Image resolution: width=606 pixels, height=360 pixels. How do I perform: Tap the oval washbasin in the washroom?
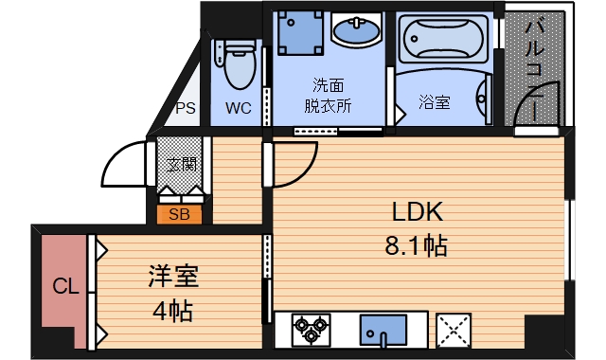pyautogui.click(x=356, y=31)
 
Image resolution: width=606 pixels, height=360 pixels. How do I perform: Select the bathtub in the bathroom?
pyautogui.click(x=443, y=39)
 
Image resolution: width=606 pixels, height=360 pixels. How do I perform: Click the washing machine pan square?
pyautogui.click(x=300, y=33)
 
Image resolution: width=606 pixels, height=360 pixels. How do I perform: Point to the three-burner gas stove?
pyautogui.click(x=312, y=330)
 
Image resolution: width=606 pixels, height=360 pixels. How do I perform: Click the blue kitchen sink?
pyautogui.click(x=383, y=331)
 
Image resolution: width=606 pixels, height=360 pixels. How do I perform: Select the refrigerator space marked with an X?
pyautogui.click(x=454, y=331)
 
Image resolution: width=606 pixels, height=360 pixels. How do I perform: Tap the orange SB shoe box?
pyautogui.click(x=179, y=214)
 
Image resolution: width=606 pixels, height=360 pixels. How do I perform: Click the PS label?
pyautogui.click(x=186, y=108)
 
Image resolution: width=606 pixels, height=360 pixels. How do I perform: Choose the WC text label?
pyautogui.click(x=239, y=108)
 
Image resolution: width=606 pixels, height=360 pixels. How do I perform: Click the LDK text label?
pyautogui.click(x=418, y=212)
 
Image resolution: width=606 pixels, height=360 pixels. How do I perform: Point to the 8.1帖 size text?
pyautogui.click(x=417, y=245)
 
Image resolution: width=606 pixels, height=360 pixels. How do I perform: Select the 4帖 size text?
pyautogui.click(x=172, y=311)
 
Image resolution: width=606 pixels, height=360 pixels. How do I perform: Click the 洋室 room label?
pyautogui.click(x=173, y=276)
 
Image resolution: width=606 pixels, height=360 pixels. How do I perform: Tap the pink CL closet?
pyautogui.click(x=63, y=290)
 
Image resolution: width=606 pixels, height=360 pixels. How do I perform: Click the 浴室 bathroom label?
pyautogui.click(x=435, y=102)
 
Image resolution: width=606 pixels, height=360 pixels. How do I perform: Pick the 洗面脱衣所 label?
pyautogui.click(x=328, y=96)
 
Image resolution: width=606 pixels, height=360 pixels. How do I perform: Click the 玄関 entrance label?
pyautogui.click(x=182, y=165)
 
